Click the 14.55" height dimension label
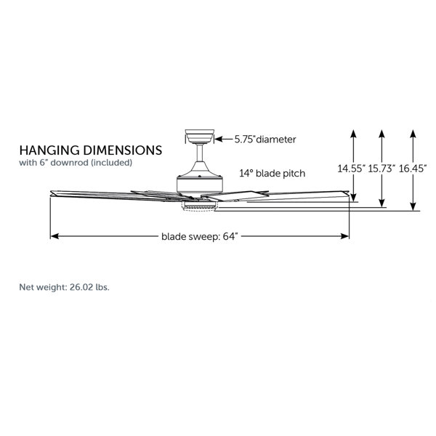351,169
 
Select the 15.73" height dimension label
381,169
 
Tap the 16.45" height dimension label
413,169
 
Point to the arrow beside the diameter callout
225,138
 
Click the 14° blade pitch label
272,174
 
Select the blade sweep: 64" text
200,236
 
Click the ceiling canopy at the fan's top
199,136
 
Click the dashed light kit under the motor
199,206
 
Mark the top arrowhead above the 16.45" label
413,133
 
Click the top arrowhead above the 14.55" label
353,133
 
